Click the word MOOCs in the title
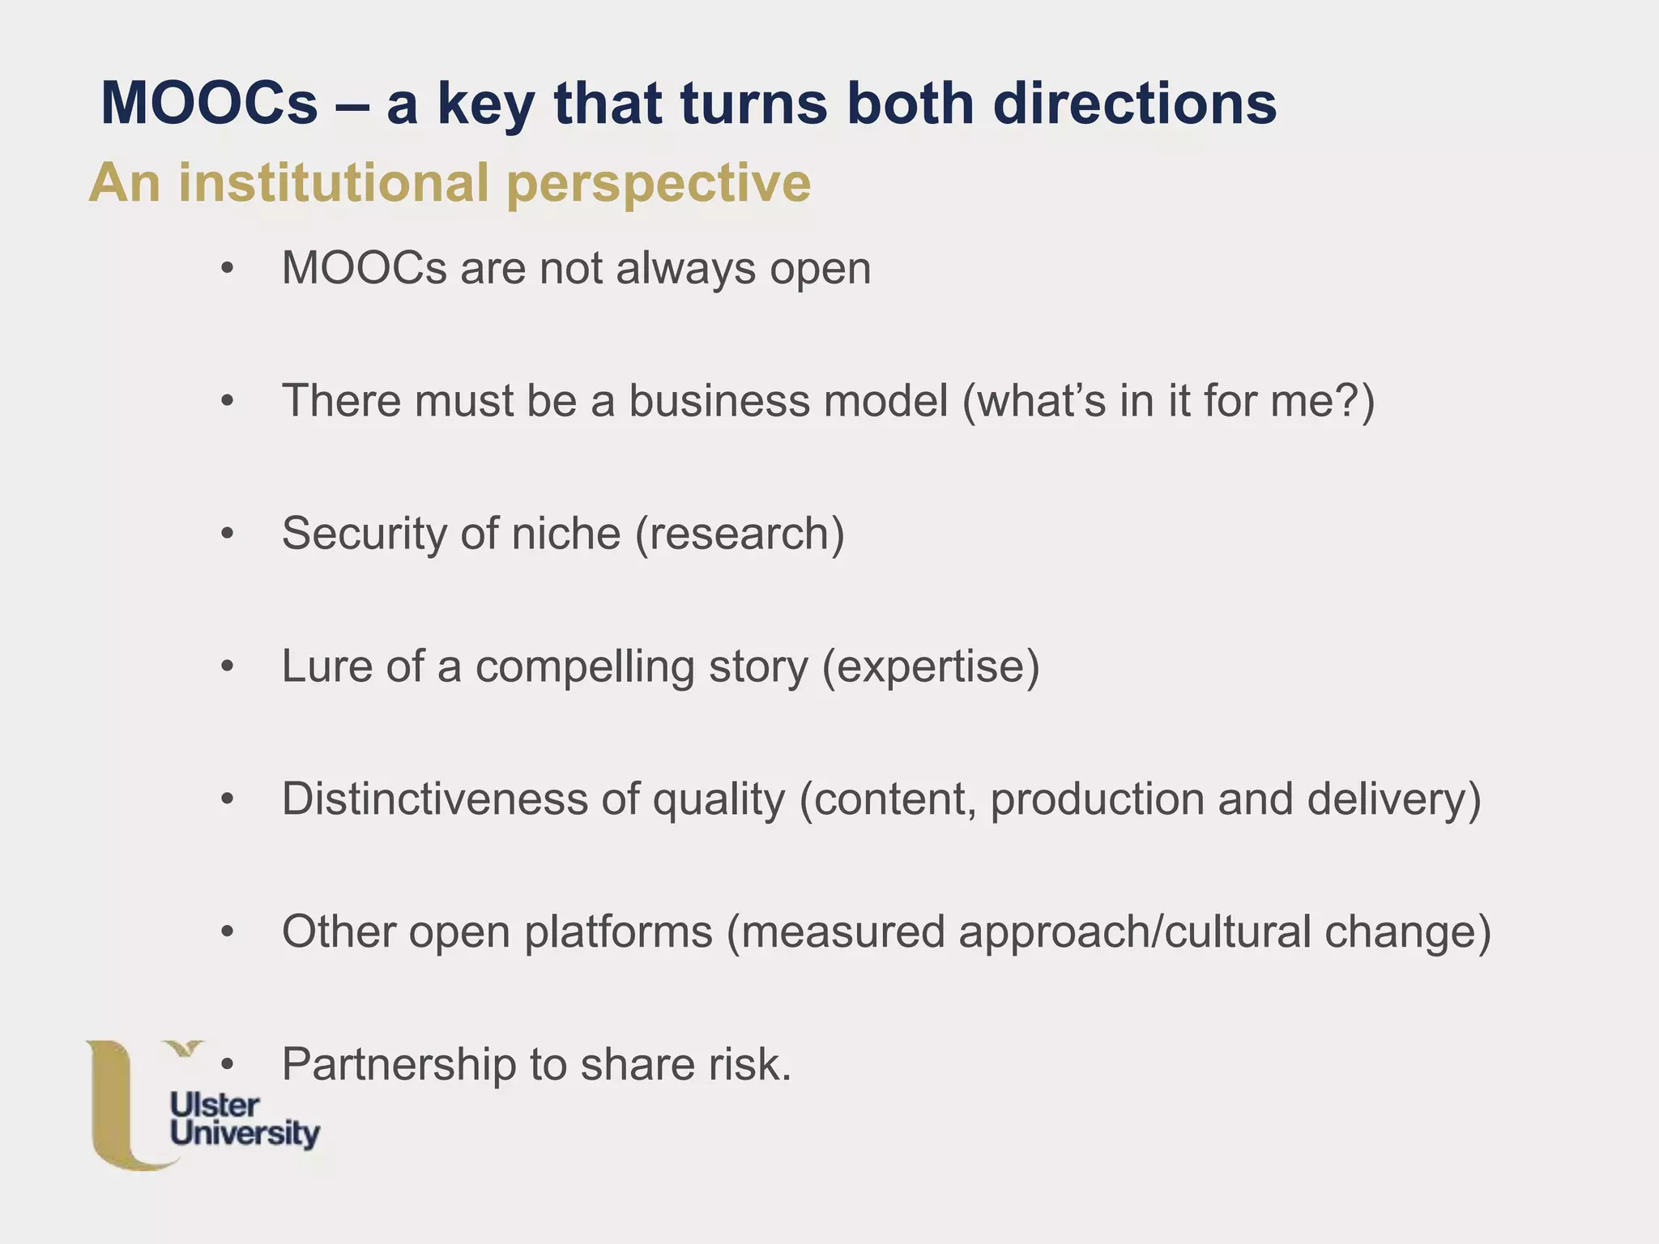point(209,104)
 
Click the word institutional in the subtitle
point(334,182)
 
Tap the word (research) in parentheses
point(740,534)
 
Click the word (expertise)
point(931,667)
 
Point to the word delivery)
point(1394,799)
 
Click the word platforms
point(618,931)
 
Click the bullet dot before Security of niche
point(228,534)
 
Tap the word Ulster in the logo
point(215,1106)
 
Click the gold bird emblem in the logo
point(184,1050)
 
